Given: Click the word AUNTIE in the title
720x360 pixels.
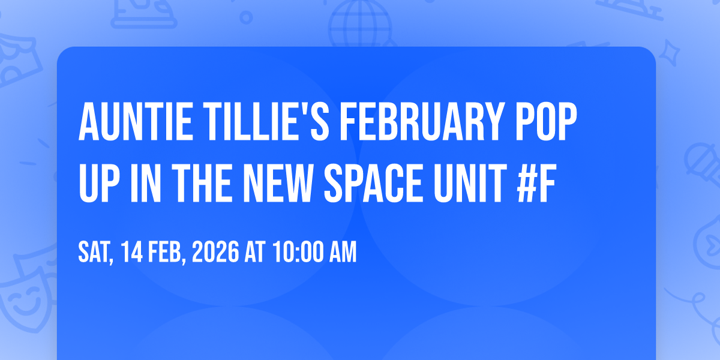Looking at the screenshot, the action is click(x=136, y=122).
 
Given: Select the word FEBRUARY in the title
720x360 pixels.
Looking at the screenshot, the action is click(x=422, y=122).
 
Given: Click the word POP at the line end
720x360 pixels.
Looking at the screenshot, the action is click(x=547, y=122).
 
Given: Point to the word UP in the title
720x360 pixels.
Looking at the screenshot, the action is click(x=99, y=183).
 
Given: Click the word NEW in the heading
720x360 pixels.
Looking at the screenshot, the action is click(x=278, y=183).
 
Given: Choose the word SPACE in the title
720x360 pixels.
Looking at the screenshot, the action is click(x=373, y=183).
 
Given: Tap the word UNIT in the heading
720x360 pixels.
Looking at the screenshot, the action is click(x=470, y=183).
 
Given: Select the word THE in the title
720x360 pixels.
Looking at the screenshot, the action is click(x=202, y=183).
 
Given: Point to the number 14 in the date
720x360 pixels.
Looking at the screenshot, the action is click(x=132, y=252).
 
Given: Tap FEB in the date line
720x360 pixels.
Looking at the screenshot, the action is click(x=167, y=253).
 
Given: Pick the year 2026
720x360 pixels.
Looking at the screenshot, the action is click(x=215, y=252).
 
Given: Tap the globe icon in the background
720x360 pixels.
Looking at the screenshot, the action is click(x=360, y=23).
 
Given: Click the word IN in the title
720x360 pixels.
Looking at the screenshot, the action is click(x=146, y=183).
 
